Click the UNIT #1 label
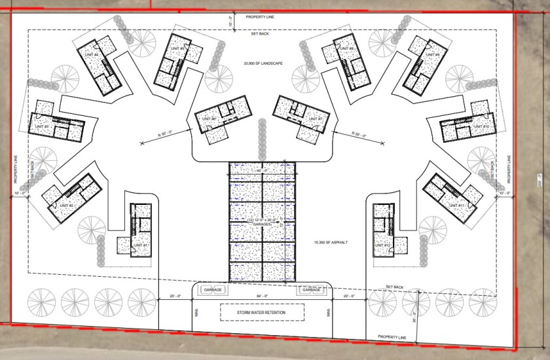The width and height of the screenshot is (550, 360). click(141, 245)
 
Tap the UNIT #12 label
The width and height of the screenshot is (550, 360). click(383, 245)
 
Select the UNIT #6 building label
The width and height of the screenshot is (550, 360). click(209, 118)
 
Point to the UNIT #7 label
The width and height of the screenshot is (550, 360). click(318, 118)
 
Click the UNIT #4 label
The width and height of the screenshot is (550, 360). click(91, 54)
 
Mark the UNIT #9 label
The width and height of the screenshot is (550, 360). click(433, 54)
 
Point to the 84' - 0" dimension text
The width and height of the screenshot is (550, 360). click(261, 297)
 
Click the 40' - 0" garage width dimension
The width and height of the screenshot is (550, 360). click(261, 171)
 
